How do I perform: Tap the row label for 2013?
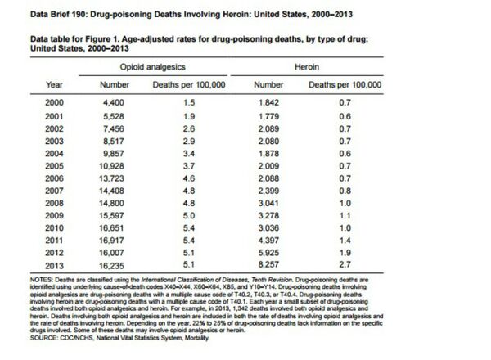click(54, 266)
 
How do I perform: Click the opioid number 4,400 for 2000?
click(109, 103)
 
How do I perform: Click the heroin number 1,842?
click(269, 103)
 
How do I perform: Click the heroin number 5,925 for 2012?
click(269, 254)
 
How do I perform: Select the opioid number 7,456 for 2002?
click(109, 128)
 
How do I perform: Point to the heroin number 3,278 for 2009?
click(269, 216)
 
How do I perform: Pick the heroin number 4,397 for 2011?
click(269, 241)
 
